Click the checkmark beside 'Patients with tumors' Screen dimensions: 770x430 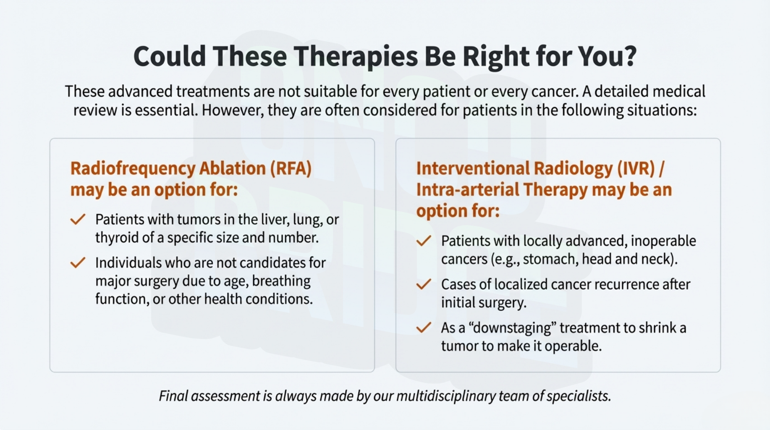[78, 219]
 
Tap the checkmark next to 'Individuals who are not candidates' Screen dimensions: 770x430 [78, 262]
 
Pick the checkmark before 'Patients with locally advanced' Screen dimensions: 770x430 [424, 241]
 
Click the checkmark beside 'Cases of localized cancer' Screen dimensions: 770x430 [424, 284]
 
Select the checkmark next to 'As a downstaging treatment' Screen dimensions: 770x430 [424, 328]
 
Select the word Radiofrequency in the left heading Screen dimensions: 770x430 [133, 168]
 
